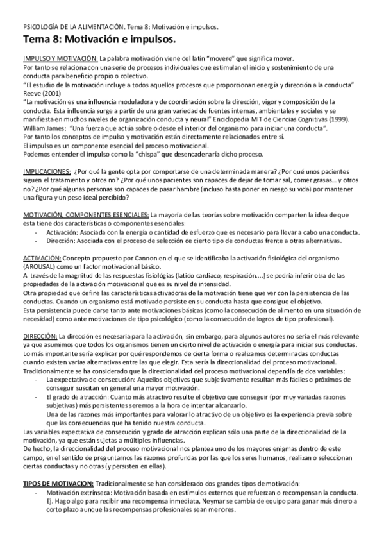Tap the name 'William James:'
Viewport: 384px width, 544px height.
click(45, 128)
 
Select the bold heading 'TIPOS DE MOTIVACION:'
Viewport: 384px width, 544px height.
click(59, 482)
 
